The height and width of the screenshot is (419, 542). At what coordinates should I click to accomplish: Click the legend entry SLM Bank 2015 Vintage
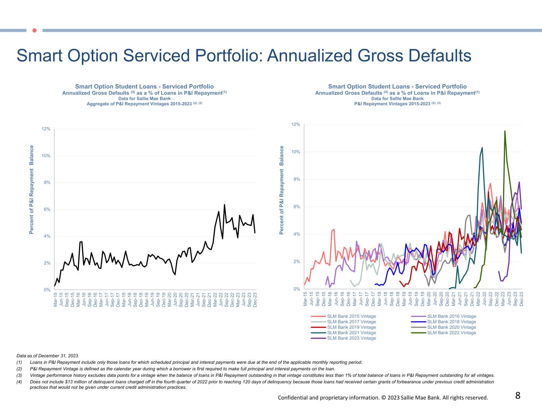pos(351,317)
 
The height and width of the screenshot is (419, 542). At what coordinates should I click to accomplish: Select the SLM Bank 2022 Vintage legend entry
pos(451,333)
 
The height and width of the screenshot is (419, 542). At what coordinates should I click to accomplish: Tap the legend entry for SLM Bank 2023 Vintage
pos(351,338)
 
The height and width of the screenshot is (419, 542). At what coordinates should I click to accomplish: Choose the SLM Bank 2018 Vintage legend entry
pos(451,322)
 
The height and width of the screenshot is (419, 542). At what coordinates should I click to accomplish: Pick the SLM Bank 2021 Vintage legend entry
pos(351,333)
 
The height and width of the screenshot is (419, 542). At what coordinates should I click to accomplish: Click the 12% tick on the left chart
pos(46,129)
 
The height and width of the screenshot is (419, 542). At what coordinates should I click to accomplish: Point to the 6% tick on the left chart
pos(47,209)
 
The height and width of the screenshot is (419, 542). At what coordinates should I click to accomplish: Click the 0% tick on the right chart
pos(296,289)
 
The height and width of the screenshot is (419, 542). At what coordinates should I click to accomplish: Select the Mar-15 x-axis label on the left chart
pos(55,299)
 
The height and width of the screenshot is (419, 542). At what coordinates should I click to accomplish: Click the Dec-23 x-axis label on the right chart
pos(521,299)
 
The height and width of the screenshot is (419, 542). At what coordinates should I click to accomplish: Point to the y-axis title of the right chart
pos(282,190)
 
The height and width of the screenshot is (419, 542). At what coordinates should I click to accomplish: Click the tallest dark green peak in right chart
pos(505,131)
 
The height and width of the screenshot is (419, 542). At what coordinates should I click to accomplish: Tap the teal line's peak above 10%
pos(482,148)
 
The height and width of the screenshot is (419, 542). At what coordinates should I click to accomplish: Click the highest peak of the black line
pos(224,205)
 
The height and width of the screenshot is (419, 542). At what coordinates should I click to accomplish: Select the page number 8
pos(518,396)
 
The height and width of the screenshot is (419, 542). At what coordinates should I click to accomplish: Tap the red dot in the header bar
pos(34,30)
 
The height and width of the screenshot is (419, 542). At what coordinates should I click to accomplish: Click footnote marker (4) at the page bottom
pos(19,382)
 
